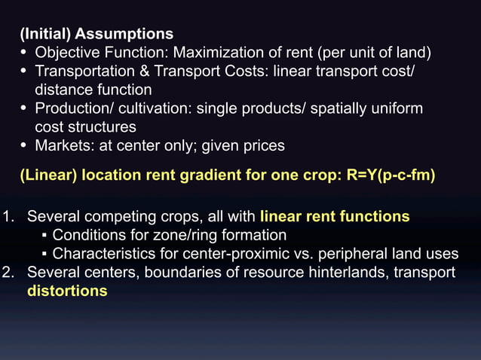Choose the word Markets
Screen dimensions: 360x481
click(x=63, y=145)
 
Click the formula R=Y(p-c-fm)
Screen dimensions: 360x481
click(x=391, y=175)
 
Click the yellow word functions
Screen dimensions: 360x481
click(x=374, y=217)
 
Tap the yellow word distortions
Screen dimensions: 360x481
click(x=67, y=291)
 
